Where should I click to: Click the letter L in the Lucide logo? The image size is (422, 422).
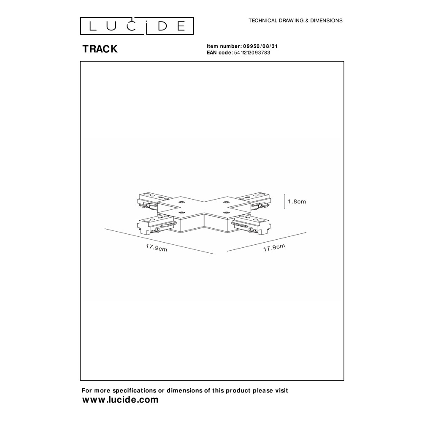tap(92, 26)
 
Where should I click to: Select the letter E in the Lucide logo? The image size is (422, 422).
tap(181, 26)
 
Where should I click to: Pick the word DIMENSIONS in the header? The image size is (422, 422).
tap(326, 20)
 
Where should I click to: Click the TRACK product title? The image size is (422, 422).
tap(100, 49)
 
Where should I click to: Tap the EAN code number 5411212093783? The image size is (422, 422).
tap(252, 53)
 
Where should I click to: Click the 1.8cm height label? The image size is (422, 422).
tap(297, 202)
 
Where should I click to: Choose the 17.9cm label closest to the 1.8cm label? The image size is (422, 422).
tap(274, 247)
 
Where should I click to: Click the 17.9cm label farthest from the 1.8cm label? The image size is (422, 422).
tap(157, 248)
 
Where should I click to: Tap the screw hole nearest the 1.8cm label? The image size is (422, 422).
tap(226, 202)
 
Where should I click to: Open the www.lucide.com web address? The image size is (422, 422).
tap(120, 400)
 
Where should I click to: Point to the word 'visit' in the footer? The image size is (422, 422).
tap(281, 390)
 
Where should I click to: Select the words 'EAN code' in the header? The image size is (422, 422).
tap(219, 53)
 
